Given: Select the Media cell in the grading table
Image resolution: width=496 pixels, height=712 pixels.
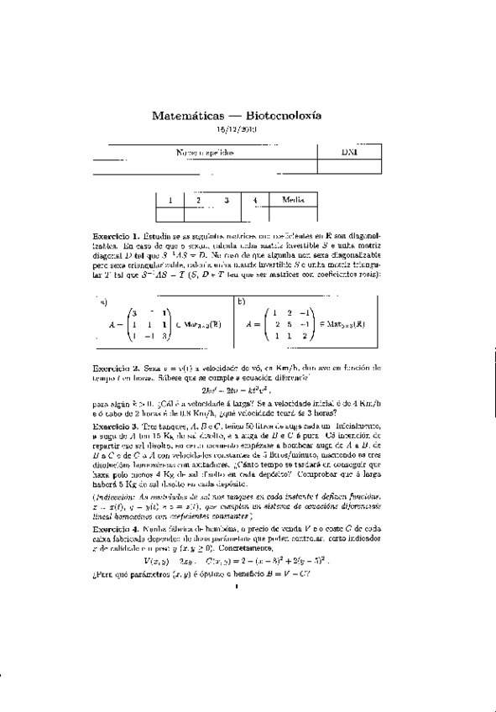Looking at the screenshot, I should tap(293, 200).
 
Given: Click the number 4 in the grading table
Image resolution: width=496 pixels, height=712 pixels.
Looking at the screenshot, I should tap(255, 200).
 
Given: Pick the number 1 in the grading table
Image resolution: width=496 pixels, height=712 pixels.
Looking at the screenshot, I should tap(170, 200).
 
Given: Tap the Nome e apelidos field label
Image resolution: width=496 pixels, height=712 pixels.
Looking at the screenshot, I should tap(205, 153).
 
